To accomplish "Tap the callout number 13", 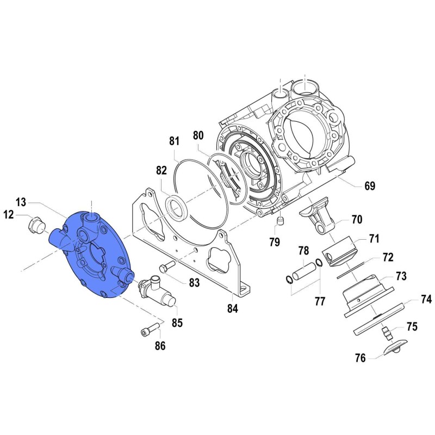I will (x=21, y=203).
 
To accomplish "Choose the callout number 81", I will (x=173, y=141).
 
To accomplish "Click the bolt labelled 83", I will (x=165, y=268).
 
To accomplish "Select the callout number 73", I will (x=400, y=276).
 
